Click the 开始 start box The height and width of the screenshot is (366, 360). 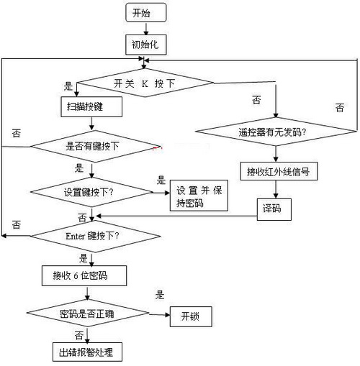pos(146,12)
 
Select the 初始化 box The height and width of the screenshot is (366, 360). pos(146,45)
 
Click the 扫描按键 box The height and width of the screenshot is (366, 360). pos(90,106)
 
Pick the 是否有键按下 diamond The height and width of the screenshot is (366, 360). pos(91,146)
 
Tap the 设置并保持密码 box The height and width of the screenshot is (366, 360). pos(199,196)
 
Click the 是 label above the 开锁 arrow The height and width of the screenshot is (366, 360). pos(161,294)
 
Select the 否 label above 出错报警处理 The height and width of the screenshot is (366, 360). pos(78,335)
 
